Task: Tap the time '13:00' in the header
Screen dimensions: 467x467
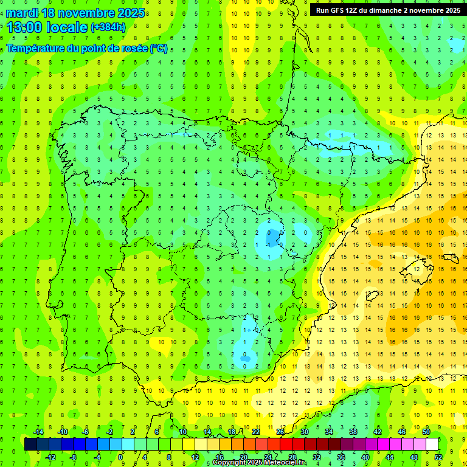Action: point(21,27)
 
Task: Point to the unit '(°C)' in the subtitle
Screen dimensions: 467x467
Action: point(159,49)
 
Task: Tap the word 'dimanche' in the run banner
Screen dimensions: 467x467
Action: point(384,10)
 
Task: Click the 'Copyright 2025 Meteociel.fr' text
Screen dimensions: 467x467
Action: point(259,463)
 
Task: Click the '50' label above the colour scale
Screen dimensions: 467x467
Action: point(427,432)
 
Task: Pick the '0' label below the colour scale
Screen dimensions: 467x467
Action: point(120,457)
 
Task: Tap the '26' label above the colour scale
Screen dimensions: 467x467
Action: point(280,432)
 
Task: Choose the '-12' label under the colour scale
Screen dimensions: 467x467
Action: point(51,457)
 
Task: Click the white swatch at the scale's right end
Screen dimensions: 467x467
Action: point(432,445)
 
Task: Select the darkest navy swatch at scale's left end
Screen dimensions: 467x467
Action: point(30,445)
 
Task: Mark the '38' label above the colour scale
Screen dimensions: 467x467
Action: point(353,432)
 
